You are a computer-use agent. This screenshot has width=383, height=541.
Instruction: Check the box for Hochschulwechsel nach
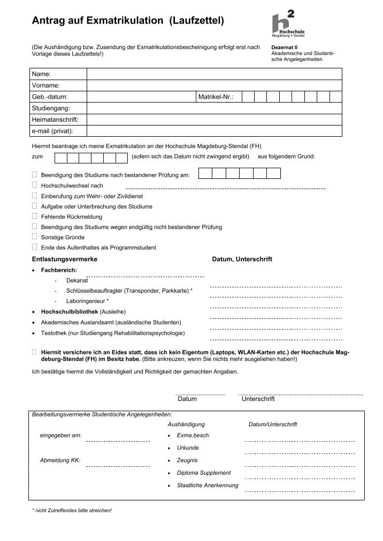35,185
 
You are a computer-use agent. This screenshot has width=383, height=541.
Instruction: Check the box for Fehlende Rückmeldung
35,216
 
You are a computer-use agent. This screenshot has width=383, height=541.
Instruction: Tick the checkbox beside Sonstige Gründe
35,237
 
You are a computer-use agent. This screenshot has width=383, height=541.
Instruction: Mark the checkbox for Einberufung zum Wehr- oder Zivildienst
35,195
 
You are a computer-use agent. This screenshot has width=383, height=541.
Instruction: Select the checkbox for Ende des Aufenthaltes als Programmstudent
35,247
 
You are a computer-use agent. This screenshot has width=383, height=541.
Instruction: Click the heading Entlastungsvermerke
65,259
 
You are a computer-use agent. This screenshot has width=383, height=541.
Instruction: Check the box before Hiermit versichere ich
35,352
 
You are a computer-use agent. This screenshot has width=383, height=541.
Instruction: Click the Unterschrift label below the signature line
258,399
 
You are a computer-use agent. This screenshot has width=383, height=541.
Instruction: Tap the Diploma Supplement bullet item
204,473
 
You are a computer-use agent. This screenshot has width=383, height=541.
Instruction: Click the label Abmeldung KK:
60,460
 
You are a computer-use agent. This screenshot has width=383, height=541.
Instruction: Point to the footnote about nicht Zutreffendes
72,511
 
